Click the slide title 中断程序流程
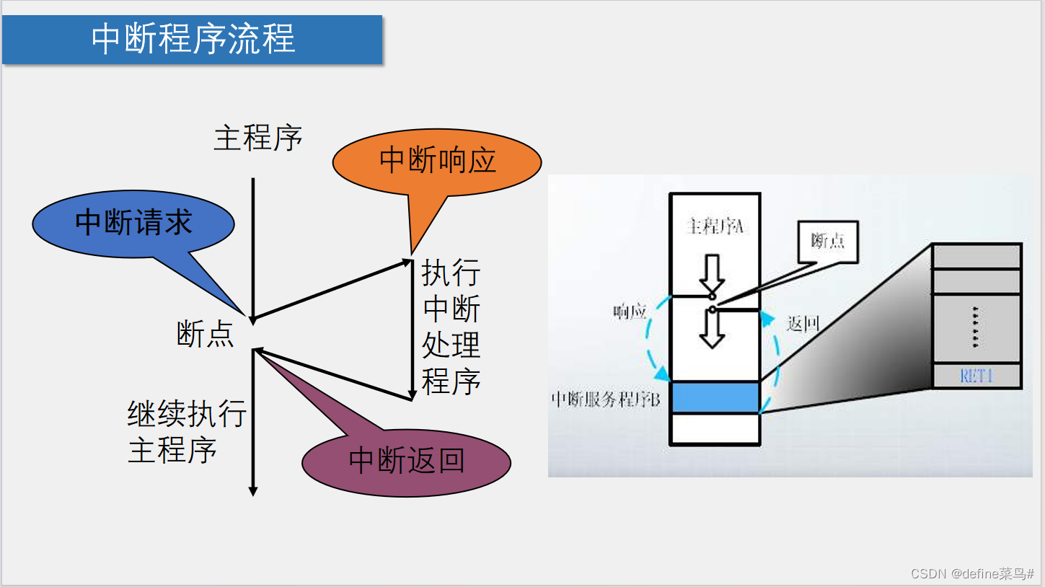point(193,39)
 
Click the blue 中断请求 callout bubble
point(133,223)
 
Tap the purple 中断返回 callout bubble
point(406,461)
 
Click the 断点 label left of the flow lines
point(206,334)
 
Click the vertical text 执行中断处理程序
point(451,327)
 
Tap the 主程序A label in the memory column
point(715,226)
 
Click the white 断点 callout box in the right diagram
point(827,241)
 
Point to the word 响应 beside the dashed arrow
point(630,312)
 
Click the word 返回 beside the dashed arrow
point(803,323)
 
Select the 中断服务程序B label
point(606,400)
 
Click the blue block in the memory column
point(715,397)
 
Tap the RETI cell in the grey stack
point(976,376)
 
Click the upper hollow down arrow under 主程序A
point(712,272)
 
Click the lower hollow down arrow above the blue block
point(712,330)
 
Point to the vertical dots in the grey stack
point(976,327)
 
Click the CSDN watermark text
point(972,574)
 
